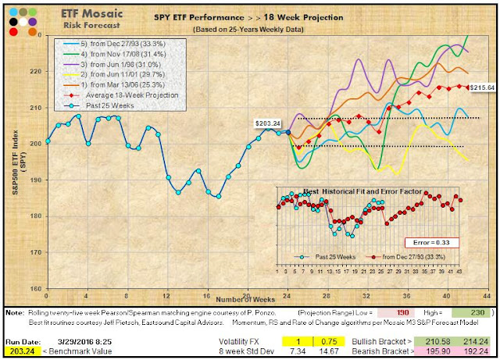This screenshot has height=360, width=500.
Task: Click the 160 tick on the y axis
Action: click(36, 288)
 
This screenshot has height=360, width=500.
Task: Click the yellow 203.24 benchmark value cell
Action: click(18, 351)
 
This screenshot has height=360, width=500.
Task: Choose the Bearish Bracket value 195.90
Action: click(441, 351)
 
